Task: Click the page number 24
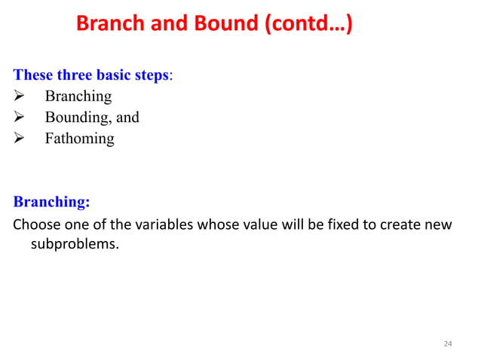(x=448, y=343)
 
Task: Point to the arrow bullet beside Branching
(x=20, y=96)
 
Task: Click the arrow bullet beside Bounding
(x=20, y=117)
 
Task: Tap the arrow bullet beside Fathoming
(x=20, y=139)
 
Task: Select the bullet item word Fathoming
(x=79, y=139)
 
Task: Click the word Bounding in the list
(x=75, y=117)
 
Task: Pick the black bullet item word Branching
(x=78, y=96)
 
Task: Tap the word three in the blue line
(x=73, y=75)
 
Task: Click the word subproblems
(x=74, y=244)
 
